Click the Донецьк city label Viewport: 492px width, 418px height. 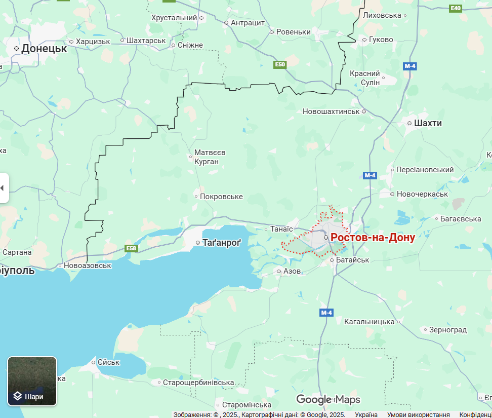pos(44,49)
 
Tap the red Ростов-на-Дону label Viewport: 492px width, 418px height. pos(373,238)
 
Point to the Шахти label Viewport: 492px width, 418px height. pos(428,123)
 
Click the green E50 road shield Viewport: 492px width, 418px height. pos(280,64)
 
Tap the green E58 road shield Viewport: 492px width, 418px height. pos(132,248)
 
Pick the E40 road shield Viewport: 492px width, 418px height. pos(456,8)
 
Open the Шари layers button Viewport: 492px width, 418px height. pos(32,382)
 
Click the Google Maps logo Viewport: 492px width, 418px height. pos(328,399)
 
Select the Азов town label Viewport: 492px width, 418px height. pos(292,271)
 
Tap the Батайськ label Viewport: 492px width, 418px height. pos(353,260)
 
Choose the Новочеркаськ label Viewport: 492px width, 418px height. pos(422,194)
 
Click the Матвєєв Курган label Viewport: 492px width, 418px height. pos(210,157)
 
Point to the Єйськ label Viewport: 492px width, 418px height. pos(108,362)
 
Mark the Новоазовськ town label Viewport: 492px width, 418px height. pos(87,265)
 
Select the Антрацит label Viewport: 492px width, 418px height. pos(248,23)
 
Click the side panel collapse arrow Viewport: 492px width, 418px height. pos(3,188)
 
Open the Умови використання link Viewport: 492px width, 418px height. pos(418,414)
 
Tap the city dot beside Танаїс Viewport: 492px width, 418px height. pos(266,229)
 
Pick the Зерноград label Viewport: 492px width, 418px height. pos(447,330)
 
